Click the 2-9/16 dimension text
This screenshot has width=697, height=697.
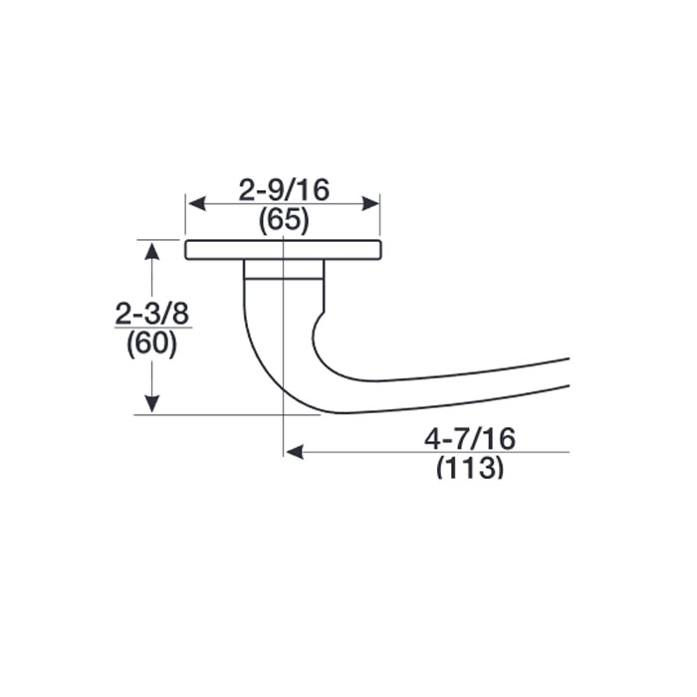click(x=283, y=188)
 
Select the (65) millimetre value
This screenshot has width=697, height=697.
click(x=283, y=221)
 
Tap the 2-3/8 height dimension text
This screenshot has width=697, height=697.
click(x=152, y=314)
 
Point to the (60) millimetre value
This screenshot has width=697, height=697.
click(x=152, y=345)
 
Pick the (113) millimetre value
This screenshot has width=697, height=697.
click(x=469, y=467)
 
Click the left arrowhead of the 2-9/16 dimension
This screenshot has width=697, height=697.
click(x=195, y=203)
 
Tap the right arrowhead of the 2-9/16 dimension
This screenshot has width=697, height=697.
click(x=371, y=203)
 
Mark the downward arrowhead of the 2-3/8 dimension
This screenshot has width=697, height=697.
click(x=151, y=403)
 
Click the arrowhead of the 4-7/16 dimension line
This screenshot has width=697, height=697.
click(x=294, y=452)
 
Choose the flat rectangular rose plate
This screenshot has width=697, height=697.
click(x=283, y=250)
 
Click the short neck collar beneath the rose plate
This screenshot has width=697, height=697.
click(x=284, y=269)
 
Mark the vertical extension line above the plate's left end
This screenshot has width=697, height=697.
click(x=186, y=219)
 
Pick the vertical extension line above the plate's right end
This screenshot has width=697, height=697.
click(x=380, y=219)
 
